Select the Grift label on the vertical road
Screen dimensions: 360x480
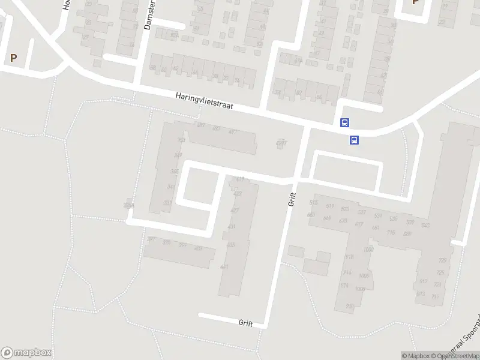[292, 199]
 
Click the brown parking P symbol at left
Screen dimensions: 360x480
[13, 58]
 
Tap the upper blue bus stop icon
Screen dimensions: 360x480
[344, 122]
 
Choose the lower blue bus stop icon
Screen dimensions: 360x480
[355, 140]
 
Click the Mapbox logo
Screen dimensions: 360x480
[26, 353]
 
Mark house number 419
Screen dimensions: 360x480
[240, 179]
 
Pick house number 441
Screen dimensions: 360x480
[224, 267]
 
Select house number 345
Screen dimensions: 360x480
[174, 172]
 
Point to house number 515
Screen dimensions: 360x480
[313, 203]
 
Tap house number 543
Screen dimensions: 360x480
[425, 226]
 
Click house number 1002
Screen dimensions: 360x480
[368, 250]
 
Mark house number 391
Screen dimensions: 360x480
[151, 239]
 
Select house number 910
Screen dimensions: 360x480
[349, 307]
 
